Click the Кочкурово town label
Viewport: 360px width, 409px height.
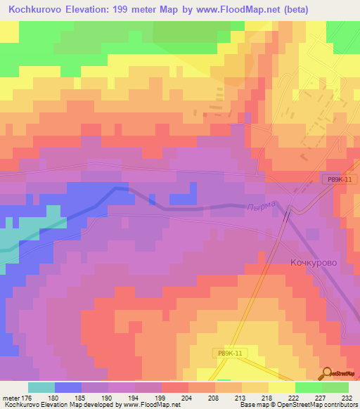314,262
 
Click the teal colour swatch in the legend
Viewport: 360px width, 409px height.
41,387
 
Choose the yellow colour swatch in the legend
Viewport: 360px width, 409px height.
282,387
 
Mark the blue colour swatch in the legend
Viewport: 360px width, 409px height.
68,387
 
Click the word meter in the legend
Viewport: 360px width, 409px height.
10,397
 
